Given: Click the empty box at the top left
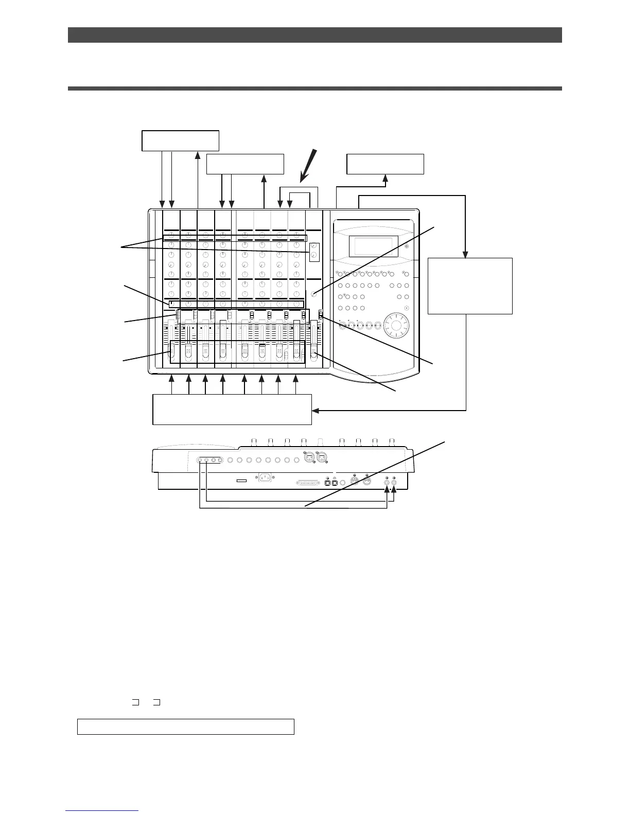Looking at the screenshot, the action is click(x=180, y=141).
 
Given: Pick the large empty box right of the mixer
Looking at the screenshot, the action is click(x=470, y=286).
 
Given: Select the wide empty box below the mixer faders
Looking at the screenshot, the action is click(x=232, y=409).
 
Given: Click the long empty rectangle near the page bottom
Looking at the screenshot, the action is click(x=185, y=727).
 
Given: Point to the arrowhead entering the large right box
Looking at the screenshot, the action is click(x=466, y=253).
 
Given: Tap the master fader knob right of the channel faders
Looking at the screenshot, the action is click(x=313, y=351).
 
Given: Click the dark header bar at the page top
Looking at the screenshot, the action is click(x=314, y=35).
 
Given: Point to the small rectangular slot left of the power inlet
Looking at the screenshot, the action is click(x=240, y=481).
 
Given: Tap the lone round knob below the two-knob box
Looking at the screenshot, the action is click(x=314, y=294).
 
